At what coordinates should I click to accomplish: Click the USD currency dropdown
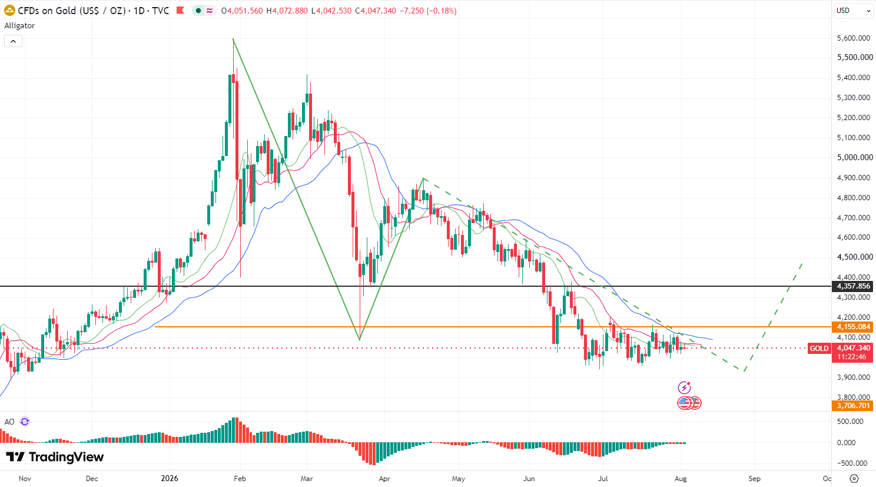tap(853, 10)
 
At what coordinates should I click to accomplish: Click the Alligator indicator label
tap(19, 25)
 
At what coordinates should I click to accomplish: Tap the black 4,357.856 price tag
tap(852, 286)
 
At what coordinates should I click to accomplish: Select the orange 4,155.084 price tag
tap(852, 327)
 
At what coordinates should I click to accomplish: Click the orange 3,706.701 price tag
tap(852, 406)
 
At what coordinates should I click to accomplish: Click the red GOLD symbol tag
tap(819, 348)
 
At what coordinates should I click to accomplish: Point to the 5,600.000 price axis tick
tap(853, 38)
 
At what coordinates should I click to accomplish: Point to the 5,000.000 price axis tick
tap(854, 157)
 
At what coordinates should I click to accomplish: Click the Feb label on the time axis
tap(240, 478)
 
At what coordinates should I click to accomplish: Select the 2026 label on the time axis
tap(170, 478)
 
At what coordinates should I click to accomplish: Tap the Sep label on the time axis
tap(754, 478)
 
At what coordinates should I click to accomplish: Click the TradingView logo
tap(55, 456)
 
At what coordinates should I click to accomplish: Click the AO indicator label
tap(9, 422)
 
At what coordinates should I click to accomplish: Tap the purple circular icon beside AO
tap(25, 422)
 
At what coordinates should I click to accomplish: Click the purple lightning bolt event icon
tap(684, 387)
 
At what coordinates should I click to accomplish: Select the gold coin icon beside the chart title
tap(9, 11)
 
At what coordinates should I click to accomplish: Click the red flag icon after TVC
tap(180, 11)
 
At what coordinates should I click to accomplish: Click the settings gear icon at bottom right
tap(854, 478)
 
